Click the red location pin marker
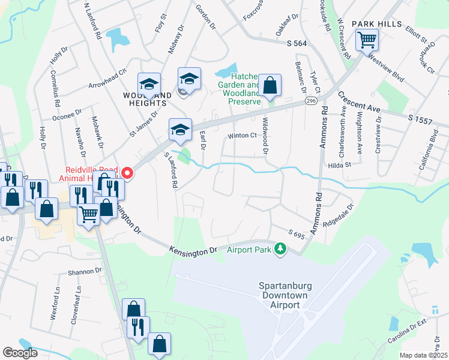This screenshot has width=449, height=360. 127,173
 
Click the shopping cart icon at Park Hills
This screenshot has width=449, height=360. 367,41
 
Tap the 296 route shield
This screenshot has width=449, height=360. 310,101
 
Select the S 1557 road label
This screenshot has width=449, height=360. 420,120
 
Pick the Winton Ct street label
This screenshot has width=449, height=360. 241,136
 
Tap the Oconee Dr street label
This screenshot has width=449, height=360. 67,114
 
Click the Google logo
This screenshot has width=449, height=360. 20,353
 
